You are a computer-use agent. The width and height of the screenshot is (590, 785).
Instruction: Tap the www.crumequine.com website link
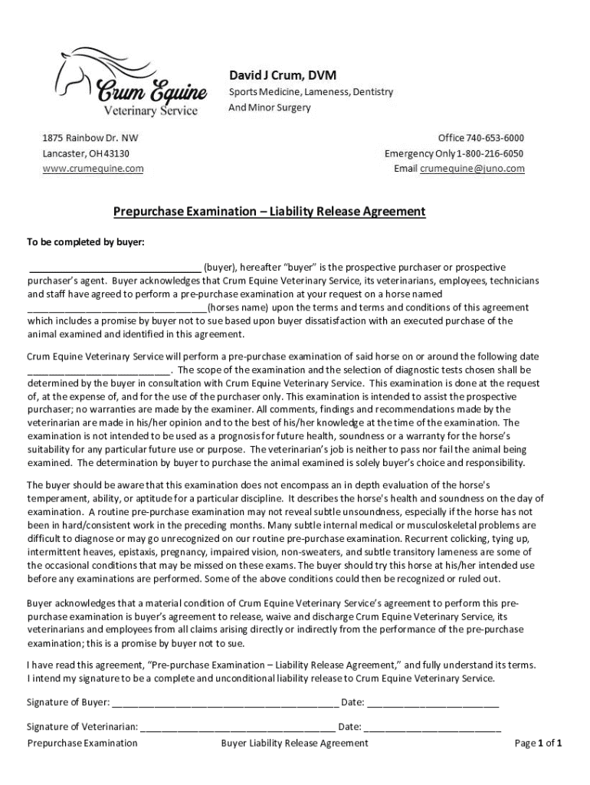93,169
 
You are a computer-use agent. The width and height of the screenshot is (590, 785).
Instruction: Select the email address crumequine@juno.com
472,169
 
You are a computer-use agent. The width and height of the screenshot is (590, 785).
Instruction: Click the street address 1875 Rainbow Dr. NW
90,138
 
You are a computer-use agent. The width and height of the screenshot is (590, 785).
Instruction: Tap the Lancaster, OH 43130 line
85,153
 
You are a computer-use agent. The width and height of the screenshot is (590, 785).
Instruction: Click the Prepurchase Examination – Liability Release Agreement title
270,211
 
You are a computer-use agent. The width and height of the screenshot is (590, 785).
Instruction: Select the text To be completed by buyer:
86,242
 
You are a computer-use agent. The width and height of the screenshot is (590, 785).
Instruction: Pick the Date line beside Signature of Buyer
433,704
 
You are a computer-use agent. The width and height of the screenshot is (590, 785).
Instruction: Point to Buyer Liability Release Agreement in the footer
294,743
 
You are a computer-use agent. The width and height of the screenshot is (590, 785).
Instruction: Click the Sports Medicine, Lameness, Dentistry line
311,92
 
